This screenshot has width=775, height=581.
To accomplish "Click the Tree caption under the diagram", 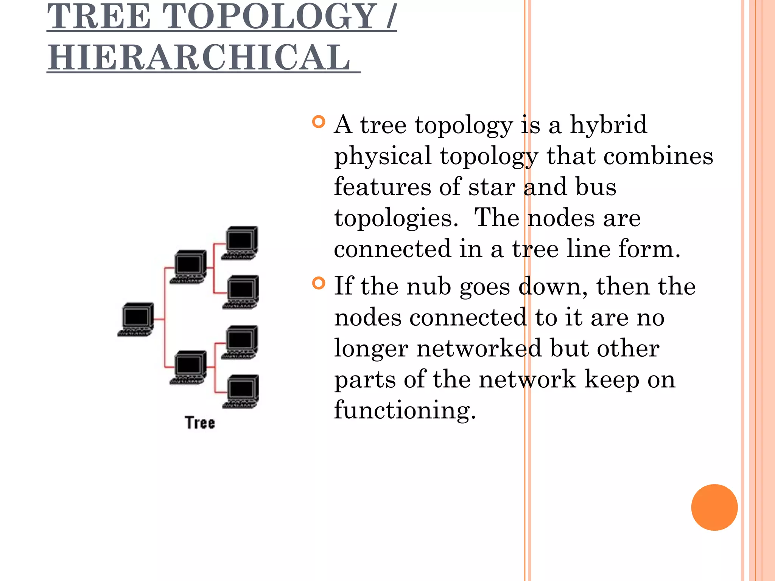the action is [x=200, y=423].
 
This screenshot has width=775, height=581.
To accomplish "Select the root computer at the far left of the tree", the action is [x=137, y=319].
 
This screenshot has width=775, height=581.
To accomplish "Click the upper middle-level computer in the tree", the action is [x=189, y=266].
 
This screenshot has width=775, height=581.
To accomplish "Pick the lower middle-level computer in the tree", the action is [x=189, y=367].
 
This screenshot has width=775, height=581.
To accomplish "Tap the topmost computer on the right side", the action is [x=241, y=242].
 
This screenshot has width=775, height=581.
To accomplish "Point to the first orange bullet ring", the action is [x=319, y=122].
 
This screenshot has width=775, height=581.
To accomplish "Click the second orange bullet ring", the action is [x=319, y=283].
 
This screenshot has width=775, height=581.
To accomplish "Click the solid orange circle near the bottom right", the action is [x=714, y=507].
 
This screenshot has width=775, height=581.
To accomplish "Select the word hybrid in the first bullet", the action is [x=608, y=124].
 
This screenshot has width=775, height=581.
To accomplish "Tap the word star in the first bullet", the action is [x=492, y=187].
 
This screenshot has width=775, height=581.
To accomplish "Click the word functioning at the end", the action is [x=405, y=410].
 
